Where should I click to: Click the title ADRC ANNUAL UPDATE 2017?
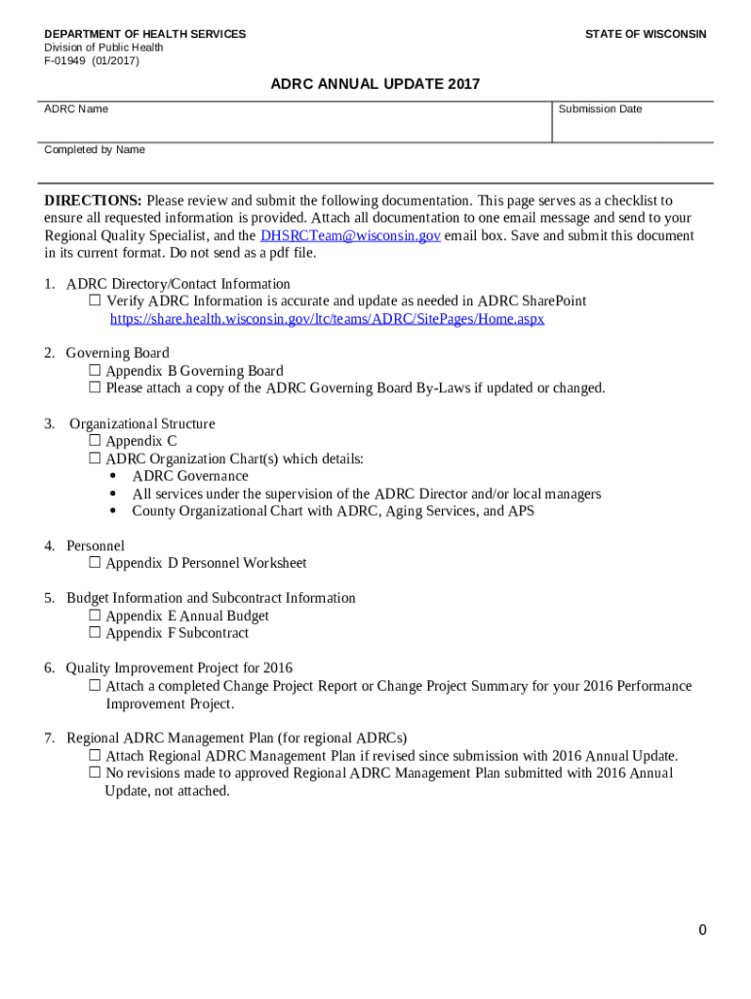pyautogui.click(x=375, y=85)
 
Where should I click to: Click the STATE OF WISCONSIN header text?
pyautogui.click(x=646, y=34)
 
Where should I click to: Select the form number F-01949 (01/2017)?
pyautogui.click(x=92, y=60)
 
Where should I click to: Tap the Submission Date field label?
pyautogui.click(x=600, y=109)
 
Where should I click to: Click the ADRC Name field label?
pyautogui.click(x=76, y=109)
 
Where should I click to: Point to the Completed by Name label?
pyautogui.click(x=95, y=150)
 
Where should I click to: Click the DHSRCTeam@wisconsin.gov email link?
pyautogui.click(x=350, y=236)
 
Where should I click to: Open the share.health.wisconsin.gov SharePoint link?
pyautogui.click(x=327, y=319)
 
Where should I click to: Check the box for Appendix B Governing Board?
pyautogui.click(x=95, y=371)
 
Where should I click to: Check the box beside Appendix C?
pyautogui.click(x=95, y=441)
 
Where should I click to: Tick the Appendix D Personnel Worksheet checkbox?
pyautogui.click(x=95, y=563)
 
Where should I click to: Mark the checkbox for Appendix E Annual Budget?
pyautogui.click(x=95, y=616)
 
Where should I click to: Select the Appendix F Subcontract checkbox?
pyautogui.click(x=95, y=633)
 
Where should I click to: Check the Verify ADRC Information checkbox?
pyautogui.click(x=95, y=301)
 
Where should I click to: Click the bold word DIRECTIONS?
pyautogui.click(x=93, y=201)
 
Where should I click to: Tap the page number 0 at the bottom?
pyautogui.click(x=702, y=930)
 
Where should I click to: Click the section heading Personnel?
pyautogui.click(x=96, y=545)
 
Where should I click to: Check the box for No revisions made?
pyautogui.click(x=95, y=773)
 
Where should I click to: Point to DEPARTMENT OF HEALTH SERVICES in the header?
pyautogui.click(x=144, y=34)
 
